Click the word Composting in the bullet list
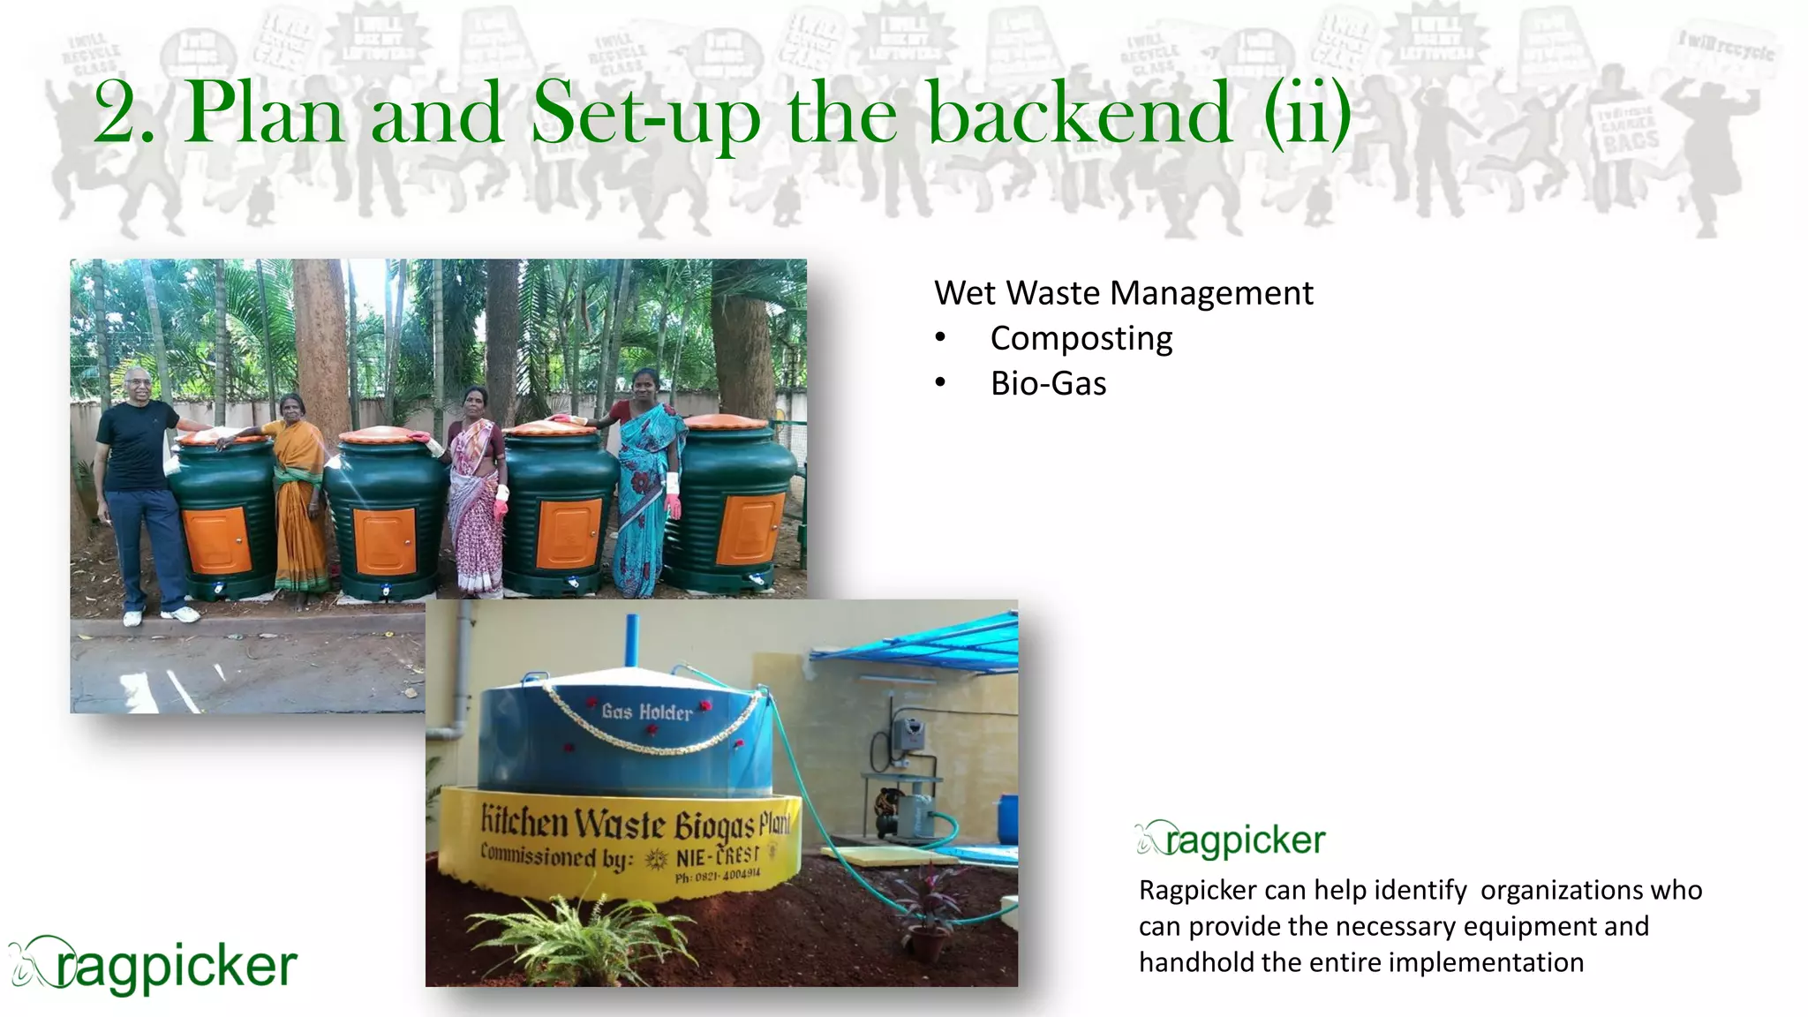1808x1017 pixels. tap(1081, 339)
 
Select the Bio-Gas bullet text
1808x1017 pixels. tap(1048, 384)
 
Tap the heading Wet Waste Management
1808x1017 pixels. tap(1123, 293)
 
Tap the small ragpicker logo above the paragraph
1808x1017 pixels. tap(1232, 840)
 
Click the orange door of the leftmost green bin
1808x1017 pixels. tap(217, 539)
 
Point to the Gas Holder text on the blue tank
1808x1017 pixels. tap(646, 712)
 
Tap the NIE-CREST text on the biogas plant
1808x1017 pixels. tap(717, 857)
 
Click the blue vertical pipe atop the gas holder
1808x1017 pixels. tap(632, 641)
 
